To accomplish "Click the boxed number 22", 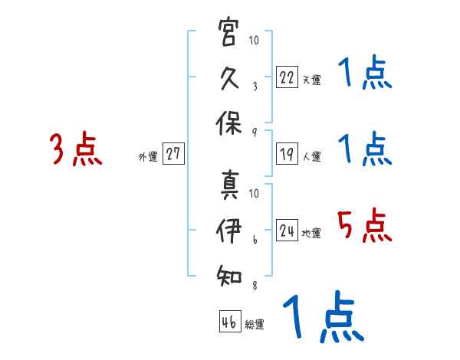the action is coord(287,76).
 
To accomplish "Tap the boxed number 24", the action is coord(287,229).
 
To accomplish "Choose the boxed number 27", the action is coord(173,154).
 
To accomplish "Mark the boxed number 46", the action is coord(228,322).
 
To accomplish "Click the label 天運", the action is coord(311,80).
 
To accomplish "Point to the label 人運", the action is coord(311,157).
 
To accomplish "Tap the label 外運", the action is coord(148,157).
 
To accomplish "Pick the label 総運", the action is coord(254,325).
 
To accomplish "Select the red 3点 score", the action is coord(75,149).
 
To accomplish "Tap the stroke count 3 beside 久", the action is coord(255,87).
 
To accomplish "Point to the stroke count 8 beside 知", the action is coord(255,286).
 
